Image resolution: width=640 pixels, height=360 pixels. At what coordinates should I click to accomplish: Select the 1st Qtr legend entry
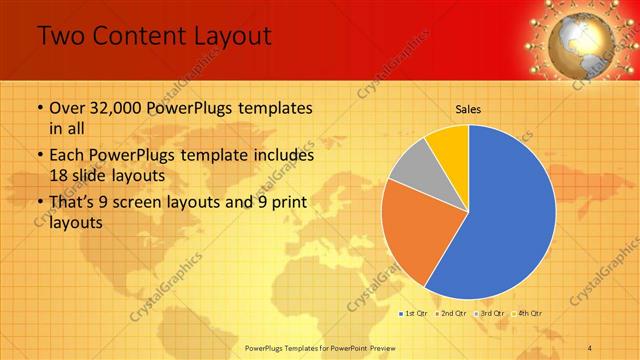pyautogui.click(x=416, y=314)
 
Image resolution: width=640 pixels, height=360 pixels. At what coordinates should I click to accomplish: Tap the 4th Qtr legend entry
pyautogui.click(x=528, y=314)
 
